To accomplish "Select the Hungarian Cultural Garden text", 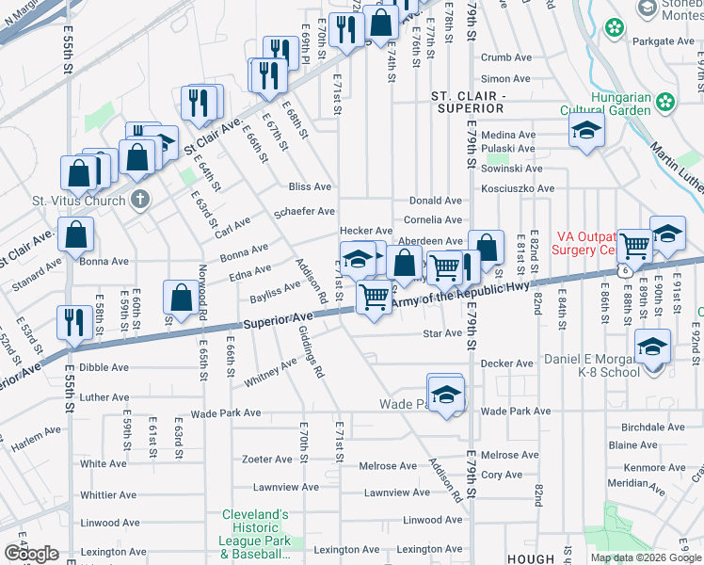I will pos(621,104).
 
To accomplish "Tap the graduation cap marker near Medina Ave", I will pos(586,132).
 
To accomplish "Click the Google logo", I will pos(30,553).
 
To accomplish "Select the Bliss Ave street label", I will pos(310,187).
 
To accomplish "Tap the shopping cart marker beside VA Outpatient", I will pos(635,246).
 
